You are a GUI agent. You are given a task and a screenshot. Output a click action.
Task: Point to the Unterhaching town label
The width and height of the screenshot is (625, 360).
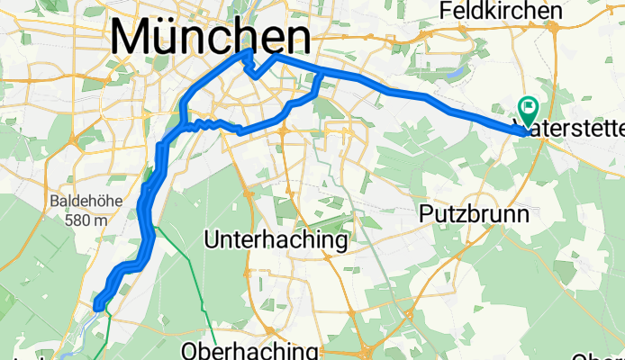pyautogui.click(x=276, y=240)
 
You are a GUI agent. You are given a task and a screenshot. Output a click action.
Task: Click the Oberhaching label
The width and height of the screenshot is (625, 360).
pyautogui.click(x=249, y=349)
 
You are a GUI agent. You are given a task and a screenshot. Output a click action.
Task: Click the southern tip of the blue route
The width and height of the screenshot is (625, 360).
pyautogui.click(x=97, y=308)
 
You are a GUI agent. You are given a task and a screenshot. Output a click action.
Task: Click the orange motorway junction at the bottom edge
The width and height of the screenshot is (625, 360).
pyautogui.click(x=368, y=350)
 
